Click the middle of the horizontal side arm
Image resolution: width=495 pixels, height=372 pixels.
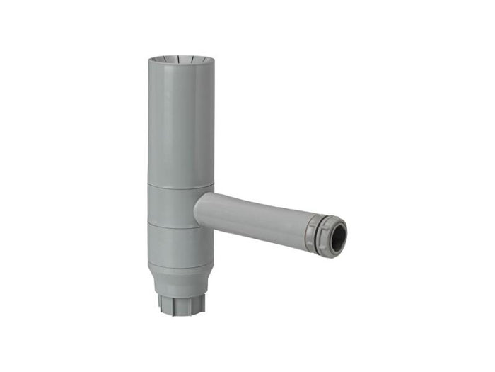(255, 216)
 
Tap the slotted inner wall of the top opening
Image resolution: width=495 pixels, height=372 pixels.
(181, 56)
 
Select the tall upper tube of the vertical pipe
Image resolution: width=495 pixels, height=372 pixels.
(181, 120)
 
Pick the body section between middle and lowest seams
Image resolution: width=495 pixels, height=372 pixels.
(180, 247)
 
